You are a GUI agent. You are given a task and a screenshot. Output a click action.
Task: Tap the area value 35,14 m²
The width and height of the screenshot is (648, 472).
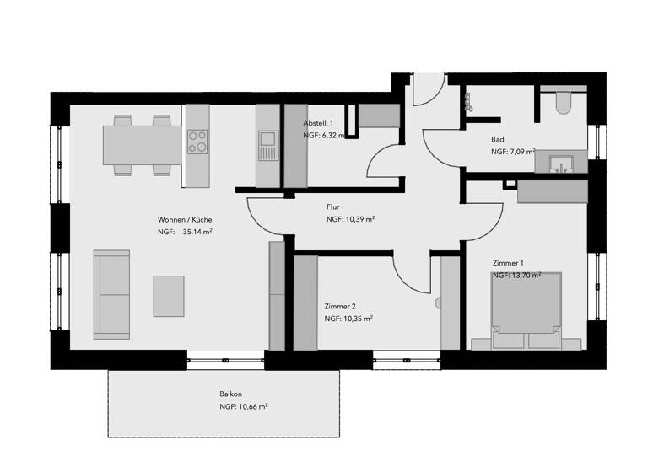[197, 232]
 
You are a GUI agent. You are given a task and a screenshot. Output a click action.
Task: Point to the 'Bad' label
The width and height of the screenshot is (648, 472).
[498, 140]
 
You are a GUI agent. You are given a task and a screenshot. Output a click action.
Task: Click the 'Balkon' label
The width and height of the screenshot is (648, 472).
[230, 394]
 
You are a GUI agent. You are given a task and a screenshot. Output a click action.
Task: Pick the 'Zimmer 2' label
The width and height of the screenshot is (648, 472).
[340, 306]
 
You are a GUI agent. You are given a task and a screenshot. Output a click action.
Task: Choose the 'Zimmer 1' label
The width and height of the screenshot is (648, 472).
[508, 263]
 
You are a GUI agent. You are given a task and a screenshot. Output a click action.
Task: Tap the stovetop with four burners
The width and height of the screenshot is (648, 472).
[197, 141]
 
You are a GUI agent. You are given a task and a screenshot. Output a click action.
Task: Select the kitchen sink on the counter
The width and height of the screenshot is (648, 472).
[267, 138]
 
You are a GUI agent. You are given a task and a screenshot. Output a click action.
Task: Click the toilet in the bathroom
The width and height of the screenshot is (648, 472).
[563, 103]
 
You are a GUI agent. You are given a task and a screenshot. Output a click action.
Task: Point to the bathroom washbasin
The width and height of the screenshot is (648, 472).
[560, 162]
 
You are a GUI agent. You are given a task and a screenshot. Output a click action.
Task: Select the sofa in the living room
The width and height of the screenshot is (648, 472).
[111, 293]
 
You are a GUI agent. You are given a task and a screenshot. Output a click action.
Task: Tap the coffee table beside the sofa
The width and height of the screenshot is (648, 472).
[169, 295]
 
